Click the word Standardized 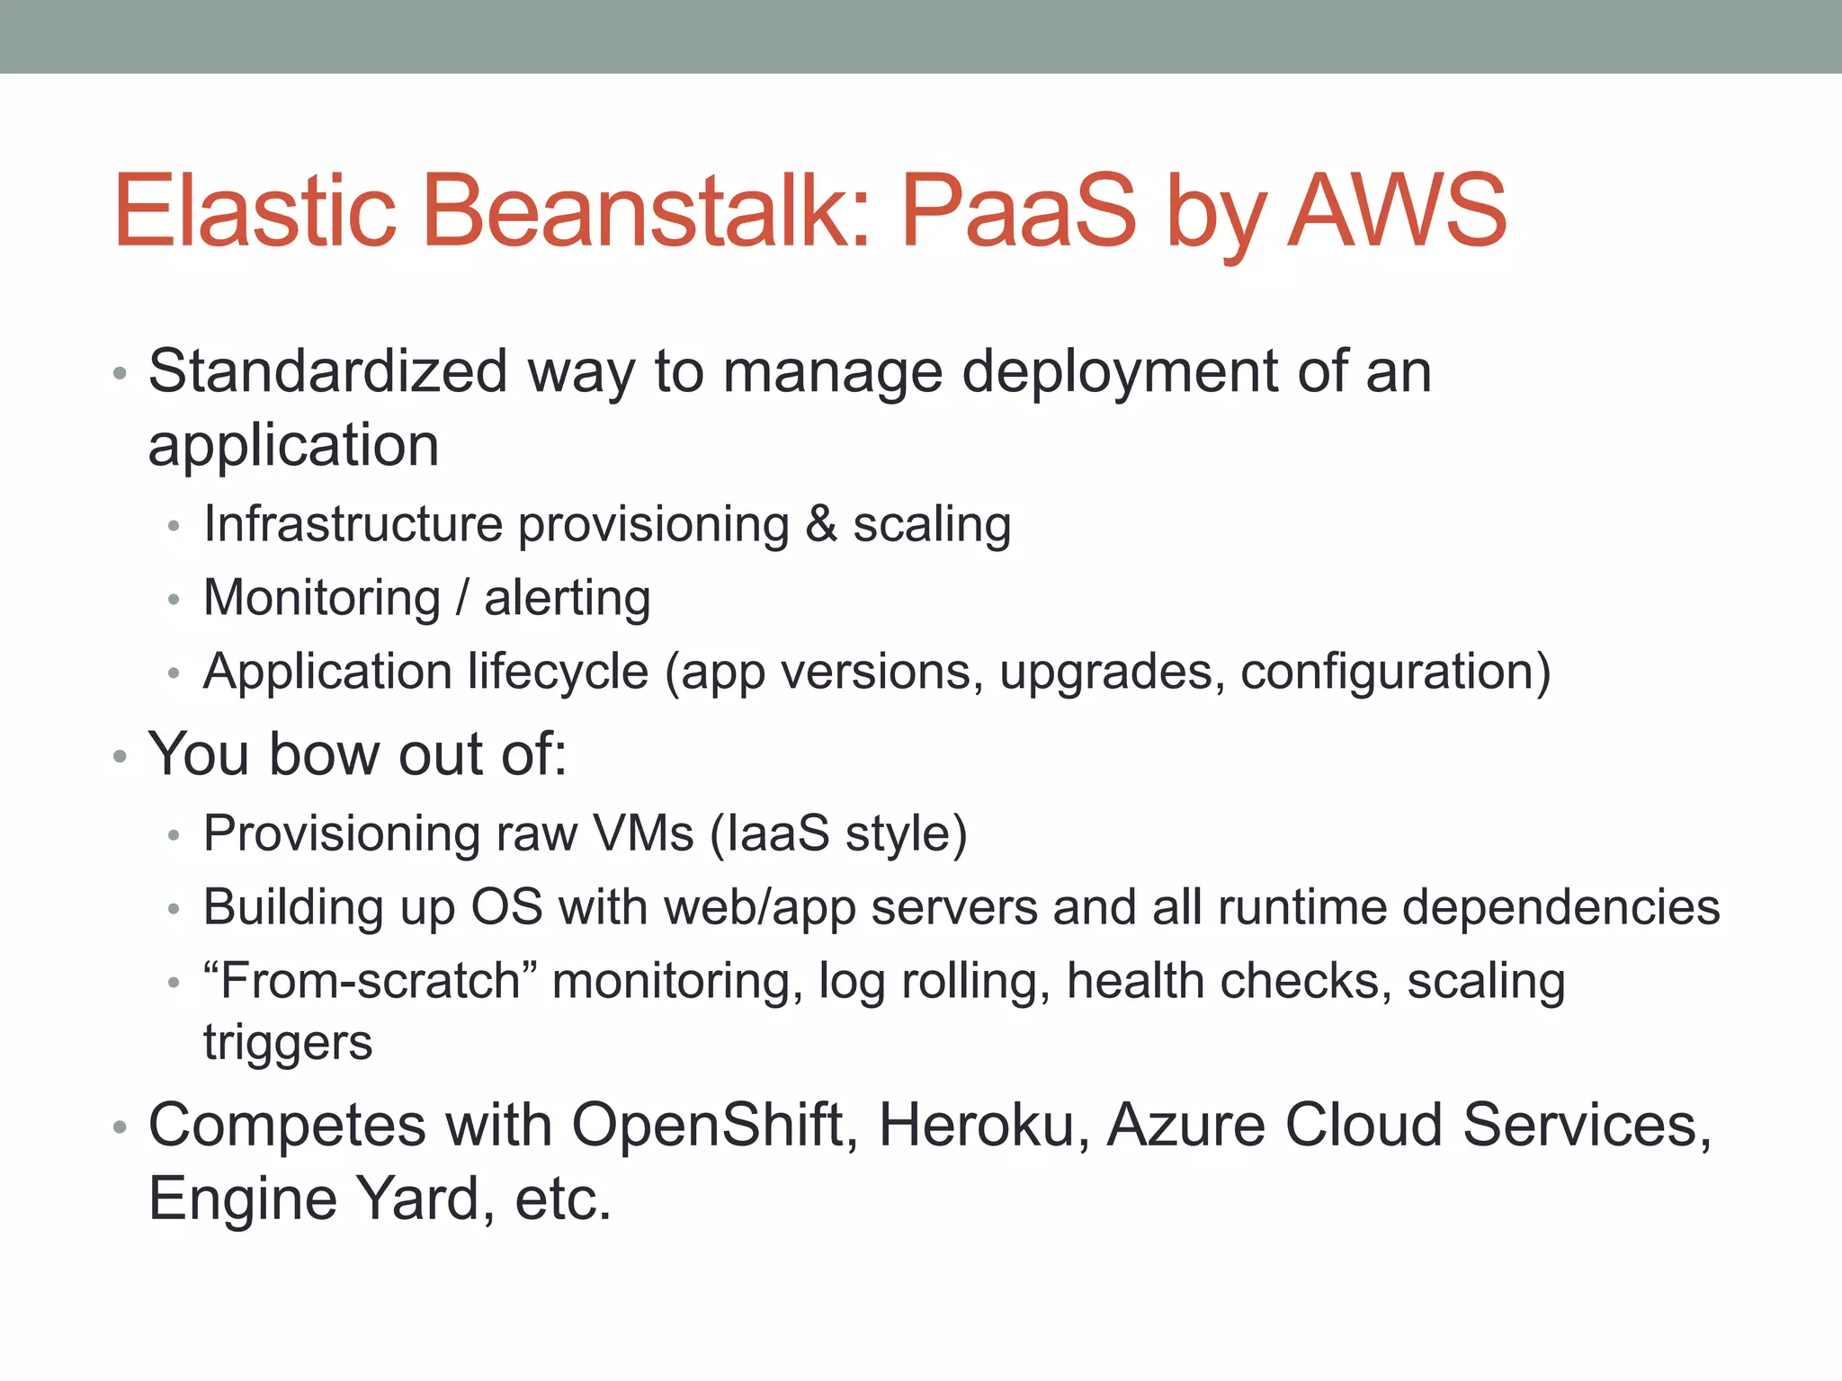(x=328, y=371)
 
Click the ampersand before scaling (x=820, y=524)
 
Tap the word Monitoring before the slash (x=322, y=600)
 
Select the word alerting (x=568, y=599)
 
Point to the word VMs (x=643, y=833)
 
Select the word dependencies (x=1560, y=908)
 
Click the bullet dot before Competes (x=120, y=1127)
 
